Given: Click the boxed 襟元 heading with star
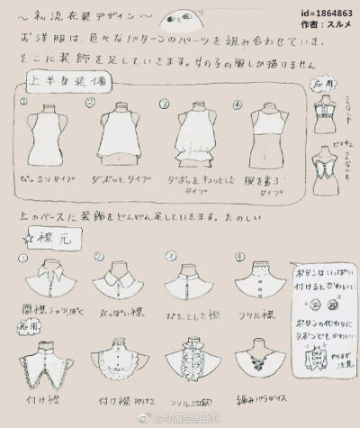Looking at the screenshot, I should coord(40,236).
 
